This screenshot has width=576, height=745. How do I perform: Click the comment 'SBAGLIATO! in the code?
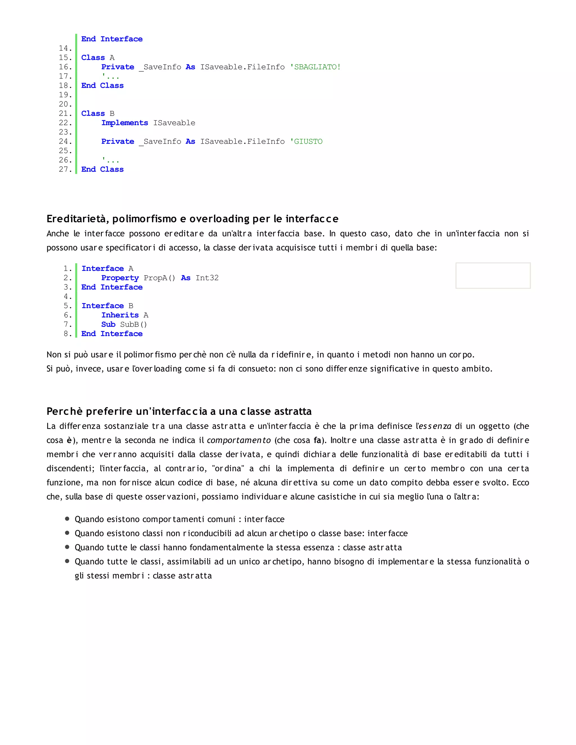tap(315, 67)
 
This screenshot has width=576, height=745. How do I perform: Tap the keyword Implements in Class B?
tap(125, 123)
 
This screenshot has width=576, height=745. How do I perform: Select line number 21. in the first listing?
tap(65, 114)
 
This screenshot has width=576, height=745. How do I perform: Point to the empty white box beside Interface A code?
tap(493, 276)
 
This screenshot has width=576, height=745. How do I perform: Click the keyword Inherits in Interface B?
tap(120, 315)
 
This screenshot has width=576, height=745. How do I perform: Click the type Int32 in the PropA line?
tap(207, 278)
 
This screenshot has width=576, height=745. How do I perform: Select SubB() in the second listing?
tap(133, 324)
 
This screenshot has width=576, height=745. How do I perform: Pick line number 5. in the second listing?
tap(67, 306)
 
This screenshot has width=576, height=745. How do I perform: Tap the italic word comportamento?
tap(239, 440)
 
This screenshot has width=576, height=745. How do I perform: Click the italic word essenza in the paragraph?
tap(435, 426)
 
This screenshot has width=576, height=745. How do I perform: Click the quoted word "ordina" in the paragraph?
tap(228, 469)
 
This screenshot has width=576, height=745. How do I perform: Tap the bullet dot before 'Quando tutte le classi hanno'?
tap(67, 547)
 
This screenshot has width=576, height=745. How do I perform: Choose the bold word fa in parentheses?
tap(317, 440)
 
